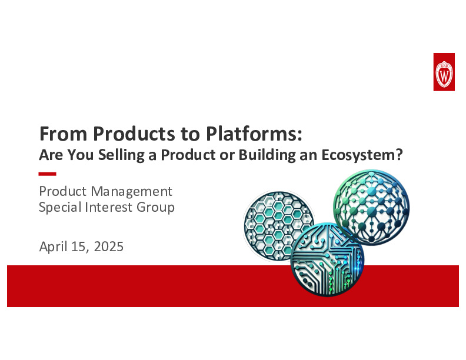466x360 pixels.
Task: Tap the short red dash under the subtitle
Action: tap(47, 174)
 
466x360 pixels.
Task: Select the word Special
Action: tap(59, 207)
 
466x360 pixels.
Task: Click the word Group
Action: tap(156, 207)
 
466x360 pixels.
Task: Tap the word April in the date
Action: tap(53, 246)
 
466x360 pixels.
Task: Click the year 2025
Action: tap(108, 246)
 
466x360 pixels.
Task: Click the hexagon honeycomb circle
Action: tap(278, 222)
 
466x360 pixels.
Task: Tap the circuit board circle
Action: tap(327, 259)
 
